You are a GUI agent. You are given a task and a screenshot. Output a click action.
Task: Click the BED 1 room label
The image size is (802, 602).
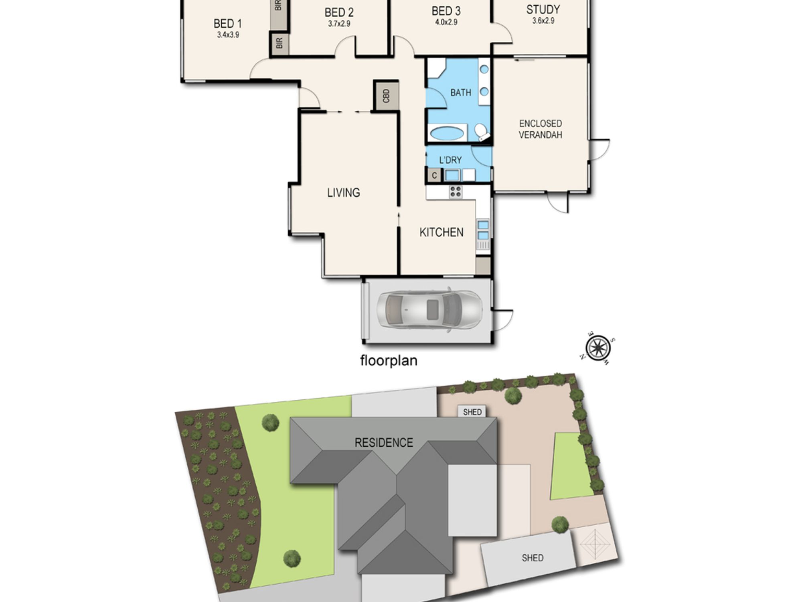point(227,24)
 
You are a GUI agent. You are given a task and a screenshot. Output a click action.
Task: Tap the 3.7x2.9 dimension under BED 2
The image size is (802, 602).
point(339,24)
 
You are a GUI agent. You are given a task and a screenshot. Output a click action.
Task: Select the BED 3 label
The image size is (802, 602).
point(446,11)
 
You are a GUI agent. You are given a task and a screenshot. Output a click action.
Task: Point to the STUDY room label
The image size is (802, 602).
point(543,9)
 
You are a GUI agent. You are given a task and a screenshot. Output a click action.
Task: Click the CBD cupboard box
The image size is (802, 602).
point(386,96)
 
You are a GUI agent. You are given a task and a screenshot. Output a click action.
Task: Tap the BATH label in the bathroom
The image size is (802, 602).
point(461,93)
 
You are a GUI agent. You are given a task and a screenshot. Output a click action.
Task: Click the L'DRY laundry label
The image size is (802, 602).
point(450,160)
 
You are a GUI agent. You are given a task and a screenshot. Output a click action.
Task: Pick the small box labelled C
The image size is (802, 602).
point(434,175)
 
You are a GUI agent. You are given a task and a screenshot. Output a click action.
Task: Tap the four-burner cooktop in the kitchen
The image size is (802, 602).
point(456,192)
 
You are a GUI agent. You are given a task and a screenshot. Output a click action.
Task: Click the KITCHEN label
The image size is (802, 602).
point(442,232)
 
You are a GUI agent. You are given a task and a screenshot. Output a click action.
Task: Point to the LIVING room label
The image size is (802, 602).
point(344,193)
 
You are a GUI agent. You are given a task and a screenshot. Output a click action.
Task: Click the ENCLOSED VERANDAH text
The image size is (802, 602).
point(540,129)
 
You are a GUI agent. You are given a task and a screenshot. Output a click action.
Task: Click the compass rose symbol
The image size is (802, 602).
point(598,347)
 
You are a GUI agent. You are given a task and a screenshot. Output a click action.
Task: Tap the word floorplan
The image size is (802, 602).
point(389,360)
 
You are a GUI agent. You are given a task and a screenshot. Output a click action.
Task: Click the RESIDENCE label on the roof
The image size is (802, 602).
point(384,443)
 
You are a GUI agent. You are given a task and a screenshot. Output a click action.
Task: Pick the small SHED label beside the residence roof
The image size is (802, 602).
point(472,412)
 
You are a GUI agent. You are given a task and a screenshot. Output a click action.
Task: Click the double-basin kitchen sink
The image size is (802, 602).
point(483,230)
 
